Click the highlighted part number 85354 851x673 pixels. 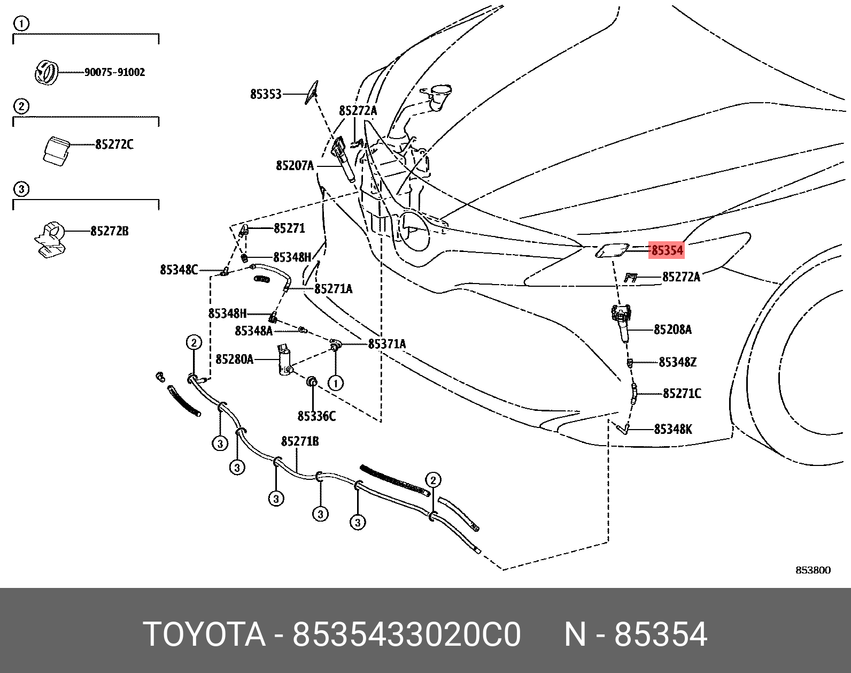(x=667, y=250)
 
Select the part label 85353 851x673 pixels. (x=266, y=94)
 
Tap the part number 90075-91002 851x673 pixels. (x=114, y=72)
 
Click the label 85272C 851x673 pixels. (x=114, y=144)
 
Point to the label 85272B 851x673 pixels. (x=110, y=231)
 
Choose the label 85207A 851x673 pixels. (x=295, y=166)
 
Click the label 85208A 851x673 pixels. (x=672, y=330)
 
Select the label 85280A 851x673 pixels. (x=234, y=359)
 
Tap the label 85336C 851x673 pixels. (x=316, y=416)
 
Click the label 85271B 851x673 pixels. (x=300, y=441)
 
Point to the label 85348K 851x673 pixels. (x=673, y=429)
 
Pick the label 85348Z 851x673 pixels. (x=677, y=362)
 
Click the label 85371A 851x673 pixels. (x=387, y=344)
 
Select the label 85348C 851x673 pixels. (x=179, y=270)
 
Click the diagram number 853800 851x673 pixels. (x=813, y=570)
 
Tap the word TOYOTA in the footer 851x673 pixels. (x=204, y=634)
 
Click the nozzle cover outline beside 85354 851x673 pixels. (x=612, y=250)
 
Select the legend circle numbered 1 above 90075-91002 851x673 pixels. (x=21, y=24)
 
